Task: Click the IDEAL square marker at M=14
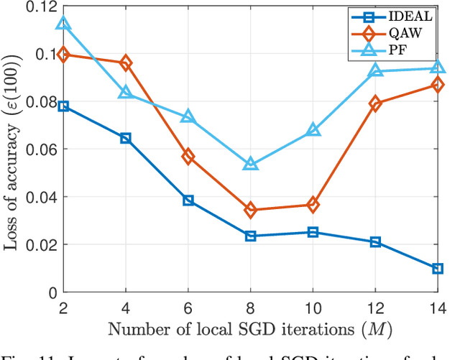pos(437,268)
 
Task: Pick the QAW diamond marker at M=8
pos(250,210)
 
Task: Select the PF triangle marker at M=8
pos(250,165)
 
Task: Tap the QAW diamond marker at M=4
pos(126,63)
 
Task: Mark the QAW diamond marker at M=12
pos(375,103)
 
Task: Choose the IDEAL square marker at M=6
pos(188,200)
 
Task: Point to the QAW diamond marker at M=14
pos(437,84)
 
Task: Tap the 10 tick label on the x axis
pos(313,307)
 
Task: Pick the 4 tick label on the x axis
pos(126,307)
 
